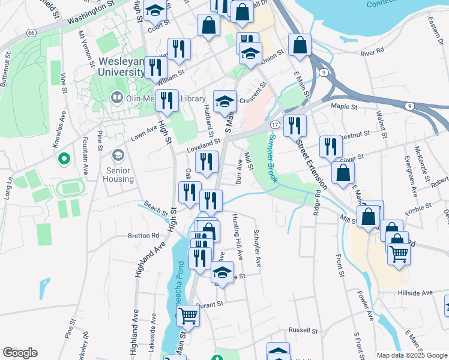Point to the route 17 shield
point(274,124)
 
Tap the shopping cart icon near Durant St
point(188,315)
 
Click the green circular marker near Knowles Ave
point(63,160)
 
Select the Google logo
point(20,353)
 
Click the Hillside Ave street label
point(415,293)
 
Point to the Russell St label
point(303,330)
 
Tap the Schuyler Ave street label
point(257,248)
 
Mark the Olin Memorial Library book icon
point(116,98)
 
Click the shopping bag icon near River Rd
point(300,45)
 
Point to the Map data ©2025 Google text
point(412,355)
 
